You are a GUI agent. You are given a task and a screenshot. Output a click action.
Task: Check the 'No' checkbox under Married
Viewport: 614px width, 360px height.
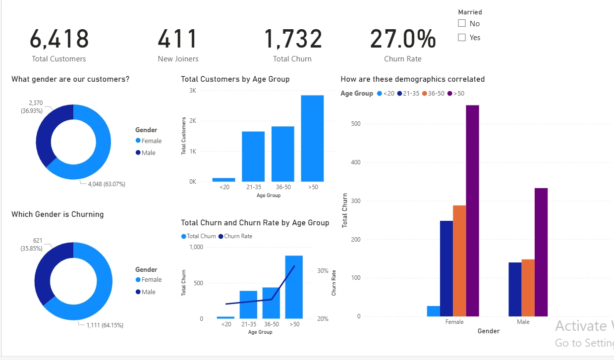(462, 23)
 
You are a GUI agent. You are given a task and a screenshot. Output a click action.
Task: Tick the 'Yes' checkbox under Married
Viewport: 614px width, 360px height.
(462, 37)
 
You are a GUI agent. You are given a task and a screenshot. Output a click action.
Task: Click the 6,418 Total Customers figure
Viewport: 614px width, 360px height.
(59, 39)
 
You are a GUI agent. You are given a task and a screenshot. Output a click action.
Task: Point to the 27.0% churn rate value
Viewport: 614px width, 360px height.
(403, 39)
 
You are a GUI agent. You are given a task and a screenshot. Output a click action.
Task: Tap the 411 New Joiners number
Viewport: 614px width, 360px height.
(178, 39)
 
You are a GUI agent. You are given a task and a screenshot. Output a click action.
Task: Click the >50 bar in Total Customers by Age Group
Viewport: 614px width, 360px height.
(312, 138)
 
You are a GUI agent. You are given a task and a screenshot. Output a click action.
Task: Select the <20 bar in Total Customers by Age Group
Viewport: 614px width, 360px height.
(223, 180)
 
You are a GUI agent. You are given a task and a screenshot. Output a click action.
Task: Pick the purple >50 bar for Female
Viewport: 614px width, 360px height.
(472, 210)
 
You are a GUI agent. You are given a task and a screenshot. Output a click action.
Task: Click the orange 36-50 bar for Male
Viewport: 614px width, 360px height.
(528, 288)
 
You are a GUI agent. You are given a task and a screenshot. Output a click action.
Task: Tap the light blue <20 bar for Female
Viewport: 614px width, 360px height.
(433, 311)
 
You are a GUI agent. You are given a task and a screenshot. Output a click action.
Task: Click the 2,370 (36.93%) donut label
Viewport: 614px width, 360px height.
(32, 107)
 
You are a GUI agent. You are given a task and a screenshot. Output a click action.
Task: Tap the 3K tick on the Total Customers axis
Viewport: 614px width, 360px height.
(192, 91)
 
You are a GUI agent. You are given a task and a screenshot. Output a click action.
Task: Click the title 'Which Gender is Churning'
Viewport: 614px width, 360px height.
(57, 214)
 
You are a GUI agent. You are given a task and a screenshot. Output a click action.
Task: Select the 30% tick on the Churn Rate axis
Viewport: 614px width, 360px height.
(323, 271)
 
